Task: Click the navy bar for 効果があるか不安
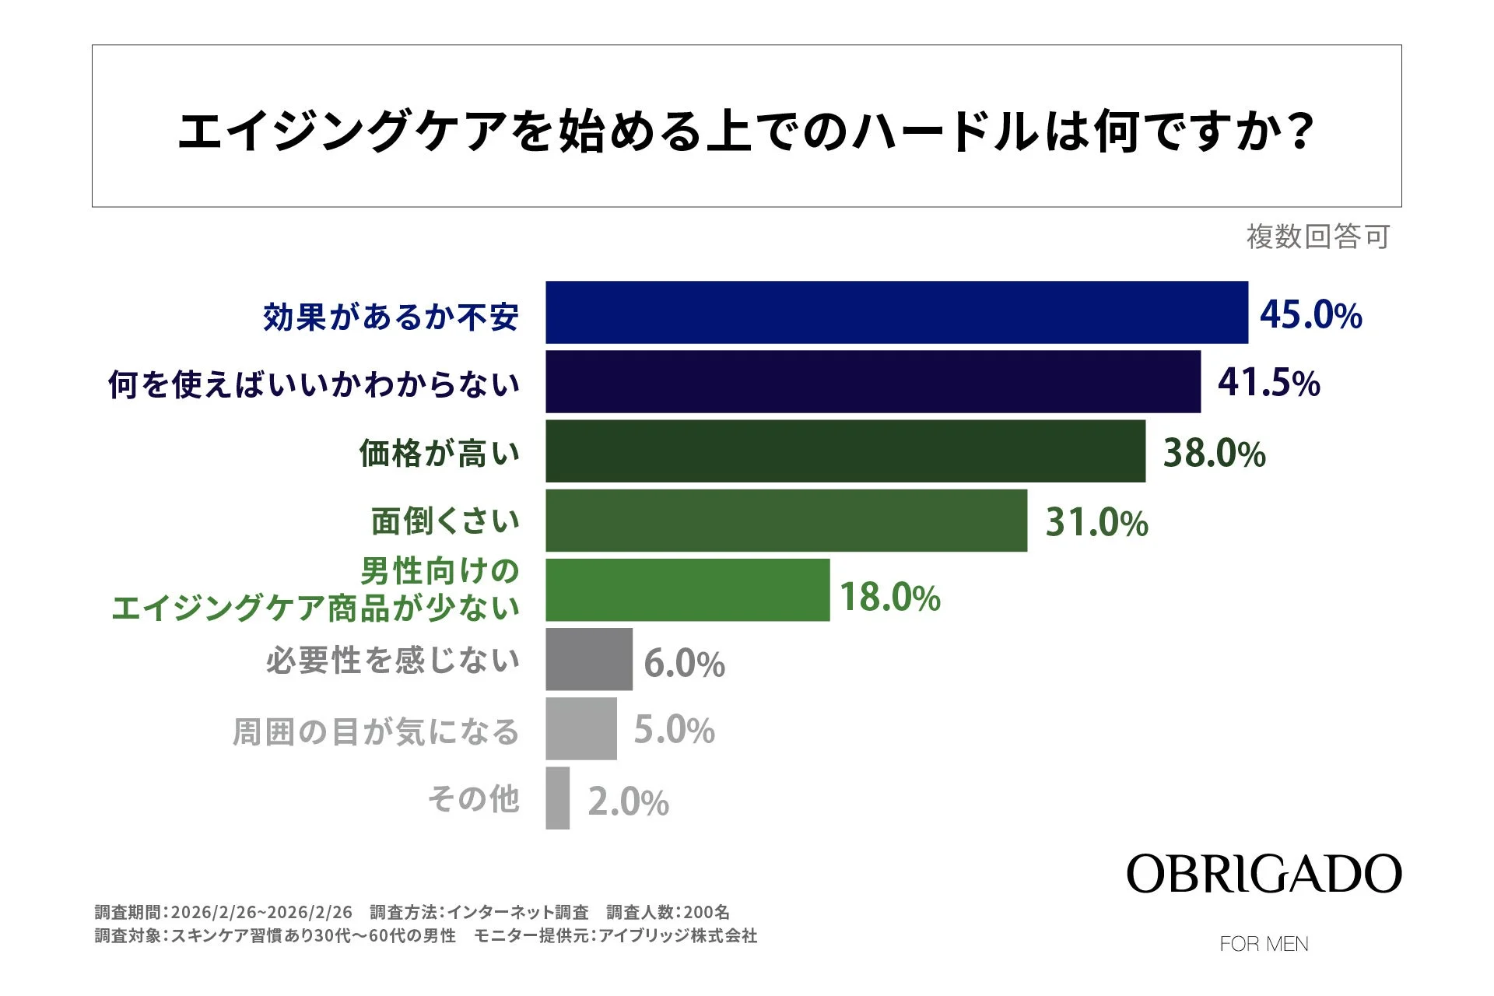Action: (x=896, y=312)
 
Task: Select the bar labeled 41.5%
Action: (x=872, y=381)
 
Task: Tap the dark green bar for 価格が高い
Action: (x=845, y=451)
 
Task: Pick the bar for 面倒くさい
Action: (x=786, y=521)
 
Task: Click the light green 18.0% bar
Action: (x=687, y=590)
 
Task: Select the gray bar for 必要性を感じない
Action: (x=588, y=659)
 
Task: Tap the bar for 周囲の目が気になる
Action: (x=580, y=728)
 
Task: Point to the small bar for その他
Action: (x=557, y=798)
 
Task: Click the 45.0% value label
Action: (x=1310, y=314)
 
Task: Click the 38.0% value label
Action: (x=1214, y=453)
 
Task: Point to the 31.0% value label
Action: (x=1096, y=522)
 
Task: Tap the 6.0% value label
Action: (x=684, y=664)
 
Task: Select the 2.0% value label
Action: (x=628, y=801)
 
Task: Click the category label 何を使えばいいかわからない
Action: (x=314, y=384)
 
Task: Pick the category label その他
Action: (x=473, y=799)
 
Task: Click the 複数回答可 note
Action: (x=1317, y=237)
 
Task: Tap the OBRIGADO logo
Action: (x=1263, y=874)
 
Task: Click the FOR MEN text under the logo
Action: (x=1264, y=944)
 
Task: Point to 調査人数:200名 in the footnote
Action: (x=668, y=912)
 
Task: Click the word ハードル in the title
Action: (x=945, y=131)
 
